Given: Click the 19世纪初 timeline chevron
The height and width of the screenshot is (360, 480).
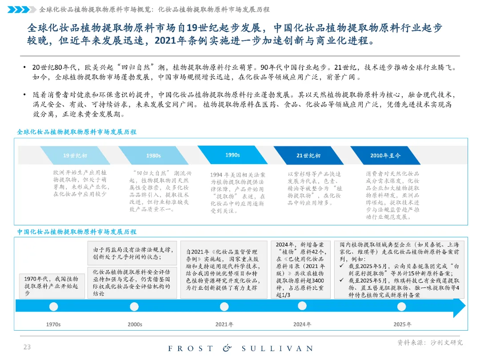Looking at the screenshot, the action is (75, 156).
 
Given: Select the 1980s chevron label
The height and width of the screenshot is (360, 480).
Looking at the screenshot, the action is (153, 156).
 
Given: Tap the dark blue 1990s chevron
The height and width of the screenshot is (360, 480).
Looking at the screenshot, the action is (232, 155).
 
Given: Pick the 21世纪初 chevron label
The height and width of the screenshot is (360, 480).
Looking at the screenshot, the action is (308, 156).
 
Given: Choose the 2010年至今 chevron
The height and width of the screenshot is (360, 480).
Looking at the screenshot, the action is (385, 156).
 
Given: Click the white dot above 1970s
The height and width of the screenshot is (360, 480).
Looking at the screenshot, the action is (54, 307).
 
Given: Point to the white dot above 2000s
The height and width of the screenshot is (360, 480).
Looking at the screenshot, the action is (134, 307).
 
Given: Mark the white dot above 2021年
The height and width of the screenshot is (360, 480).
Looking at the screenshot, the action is (224, 307).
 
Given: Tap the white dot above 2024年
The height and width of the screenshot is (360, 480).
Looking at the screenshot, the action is (302, 307).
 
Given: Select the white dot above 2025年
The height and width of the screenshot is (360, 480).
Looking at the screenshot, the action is (402, 307).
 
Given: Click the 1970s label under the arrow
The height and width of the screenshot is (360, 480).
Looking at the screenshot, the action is (54, 324).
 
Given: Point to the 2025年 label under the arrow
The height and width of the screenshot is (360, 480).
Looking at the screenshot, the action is (402, 324).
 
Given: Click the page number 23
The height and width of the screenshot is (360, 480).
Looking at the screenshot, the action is (27, 347).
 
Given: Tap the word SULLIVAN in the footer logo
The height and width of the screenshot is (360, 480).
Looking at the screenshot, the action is (278, 348).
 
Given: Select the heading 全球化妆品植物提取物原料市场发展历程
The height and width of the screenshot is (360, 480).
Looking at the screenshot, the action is (76, 132).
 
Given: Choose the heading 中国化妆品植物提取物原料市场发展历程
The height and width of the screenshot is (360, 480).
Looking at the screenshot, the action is (76, 232).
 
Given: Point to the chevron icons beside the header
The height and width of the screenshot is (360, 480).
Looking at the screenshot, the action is (22, 9).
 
